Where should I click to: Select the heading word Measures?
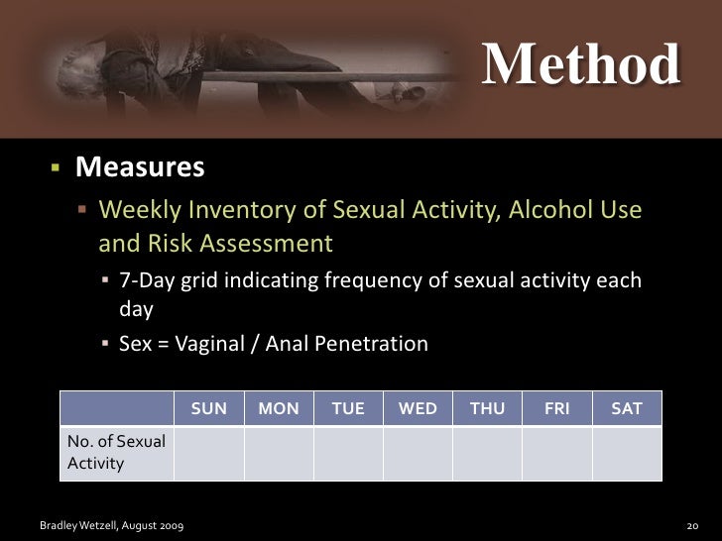(141, 167)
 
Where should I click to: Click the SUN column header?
(208, 408)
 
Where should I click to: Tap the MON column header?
(279, 408)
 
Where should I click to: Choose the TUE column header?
(348, 408)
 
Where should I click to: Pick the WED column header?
(418, 408)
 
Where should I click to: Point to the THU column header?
(487, 408)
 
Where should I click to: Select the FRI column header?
(556, 408)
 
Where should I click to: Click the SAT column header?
(627, 408)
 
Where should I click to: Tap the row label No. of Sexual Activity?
(116, 453)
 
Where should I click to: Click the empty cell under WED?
(418, 453)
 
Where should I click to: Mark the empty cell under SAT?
(627, 453)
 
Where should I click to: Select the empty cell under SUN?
(208, 453)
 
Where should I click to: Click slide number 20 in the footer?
(693, 523)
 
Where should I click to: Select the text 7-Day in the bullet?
(144, 280)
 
